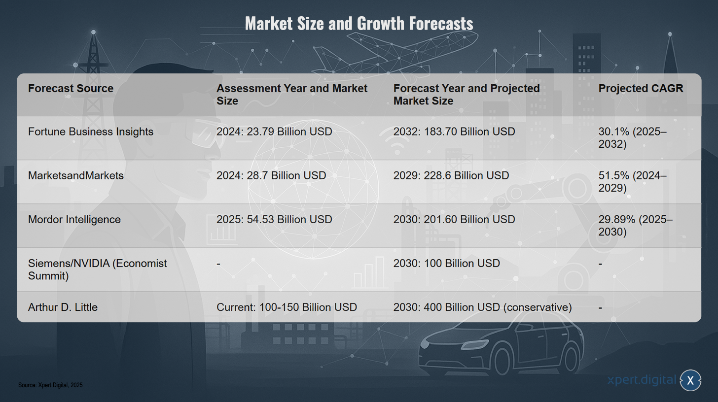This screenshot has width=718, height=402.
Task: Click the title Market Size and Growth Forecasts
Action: point(359,24)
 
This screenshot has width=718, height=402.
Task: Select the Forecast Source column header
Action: point(71,88)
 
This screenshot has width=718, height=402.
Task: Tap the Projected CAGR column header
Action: point(641,88)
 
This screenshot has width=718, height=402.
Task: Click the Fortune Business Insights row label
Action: point(91,132)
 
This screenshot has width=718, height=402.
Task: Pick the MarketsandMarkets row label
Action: point(75,175)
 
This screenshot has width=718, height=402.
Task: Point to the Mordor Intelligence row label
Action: point(74,219)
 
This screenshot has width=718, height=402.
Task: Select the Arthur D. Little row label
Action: point(63,307)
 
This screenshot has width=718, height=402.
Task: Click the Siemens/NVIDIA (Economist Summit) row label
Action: point(98,269)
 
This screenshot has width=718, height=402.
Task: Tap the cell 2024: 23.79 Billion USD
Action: point(274,132)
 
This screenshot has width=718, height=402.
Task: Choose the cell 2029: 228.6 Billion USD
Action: point(451,175)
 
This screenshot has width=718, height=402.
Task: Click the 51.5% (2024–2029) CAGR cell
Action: point(632,182)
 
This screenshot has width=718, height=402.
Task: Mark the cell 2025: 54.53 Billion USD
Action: point(274,219)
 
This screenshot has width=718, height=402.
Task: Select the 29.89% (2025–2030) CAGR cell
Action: point(635,226)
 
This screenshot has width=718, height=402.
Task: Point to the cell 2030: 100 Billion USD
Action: point(446,263)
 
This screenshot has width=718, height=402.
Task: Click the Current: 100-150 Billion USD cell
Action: point(287,307)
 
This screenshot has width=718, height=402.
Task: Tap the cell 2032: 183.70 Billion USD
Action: point(454,132)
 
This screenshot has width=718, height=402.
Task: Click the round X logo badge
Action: point(690,380)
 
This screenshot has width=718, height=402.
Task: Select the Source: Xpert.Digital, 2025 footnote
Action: point(50,385)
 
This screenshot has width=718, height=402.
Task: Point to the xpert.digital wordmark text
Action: point(642,380)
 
